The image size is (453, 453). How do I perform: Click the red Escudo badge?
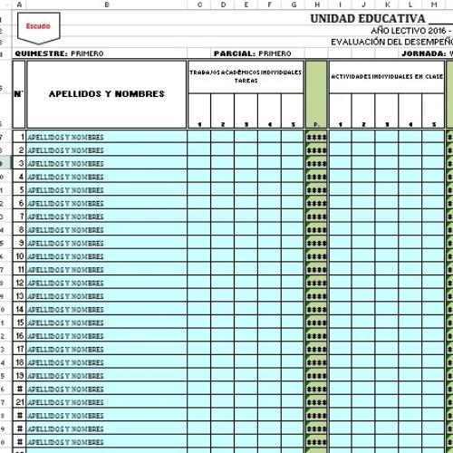(38, 27)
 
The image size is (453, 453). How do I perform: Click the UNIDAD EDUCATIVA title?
(366, 18)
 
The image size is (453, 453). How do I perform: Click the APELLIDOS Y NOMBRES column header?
(107, 94)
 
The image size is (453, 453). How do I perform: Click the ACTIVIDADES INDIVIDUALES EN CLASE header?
(386, 77)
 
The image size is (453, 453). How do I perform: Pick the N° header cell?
(19, 94)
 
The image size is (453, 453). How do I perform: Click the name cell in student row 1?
(107, 137)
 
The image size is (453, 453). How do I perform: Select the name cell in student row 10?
(107, 256)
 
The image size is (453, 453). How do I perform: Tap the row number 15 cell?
(19, 323)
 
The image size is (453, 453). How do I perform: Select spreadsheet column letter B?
(107, 5)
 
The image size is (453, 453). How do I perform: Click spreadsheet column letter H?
(316, 5)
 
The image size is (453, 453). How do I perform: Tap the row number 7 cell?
(19, 217)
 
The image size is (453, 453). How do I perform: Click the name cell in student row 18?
(107, 362)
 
